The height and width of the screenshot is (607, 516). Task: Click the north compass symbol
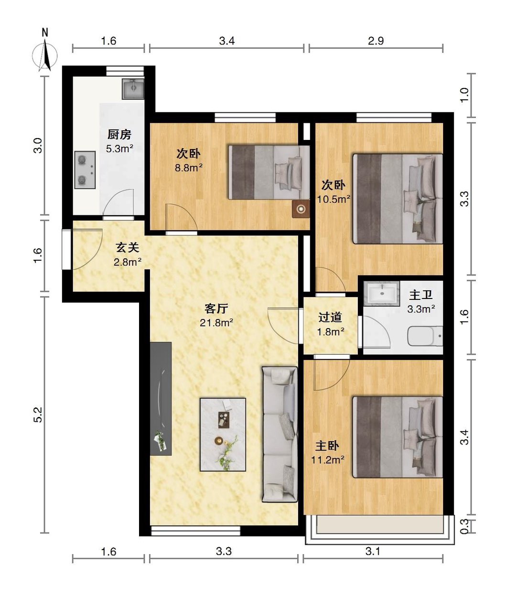point(44,52)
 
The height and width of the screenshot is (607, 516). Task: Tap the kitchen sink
point(133,88)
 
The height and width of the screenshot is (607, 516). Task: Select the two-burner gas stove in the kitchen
point(85,170)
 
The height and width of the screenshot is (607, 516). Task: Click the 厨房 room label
point(119,135)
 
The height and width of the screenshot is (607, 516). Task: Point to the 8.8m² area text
point(189,168)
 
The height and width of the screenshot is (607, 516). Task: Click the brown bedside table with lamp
point(301,209)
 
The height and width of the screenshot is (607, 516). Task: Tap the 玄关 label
point(127,247)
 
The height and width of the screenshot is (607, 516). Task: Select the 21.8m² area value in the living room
point(216,323)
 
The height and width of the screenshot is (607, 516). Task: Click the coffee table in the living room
point(223,435)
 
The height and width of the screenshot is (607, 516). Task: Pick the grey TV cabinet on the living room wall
point(161,399)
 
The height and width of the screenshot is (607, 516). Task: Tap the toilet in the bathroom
point(425,336)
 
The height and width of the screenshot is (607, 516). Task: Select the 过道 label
point(330,317)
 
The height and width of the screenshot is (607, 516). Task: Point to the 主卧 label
point(327,446)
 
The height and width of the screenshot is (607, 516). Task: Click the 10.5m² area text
point(333,200)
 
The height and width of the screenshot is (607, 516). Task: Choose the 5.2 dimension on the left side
point(39,415)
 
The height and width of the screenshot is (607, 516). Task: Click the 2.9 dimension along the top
point(376,41)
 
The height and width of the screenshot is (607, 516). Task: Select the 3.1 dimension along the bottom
point(373,552)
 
